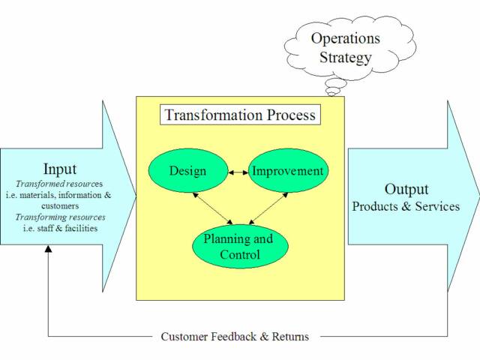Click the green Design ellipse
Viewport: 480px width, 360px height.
(187, 171)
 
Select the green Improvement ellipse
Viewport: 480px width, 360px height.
(288, 171)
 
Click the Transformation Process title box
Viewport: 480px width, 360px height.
(240, 115)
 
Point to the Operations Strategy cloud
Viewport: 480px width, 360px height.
(345, 46)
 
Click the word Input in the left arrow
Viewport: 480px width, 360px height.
(60, 169)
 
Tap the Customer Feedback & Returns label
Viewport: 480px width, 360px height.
(235, 336)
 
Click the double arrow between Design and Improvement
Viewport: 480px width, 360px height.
(238, 172)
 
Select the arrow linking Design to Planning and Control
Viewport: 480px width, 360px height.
(212, 208)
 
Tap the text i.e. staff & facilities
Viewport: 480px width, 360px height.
(60, 227)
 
